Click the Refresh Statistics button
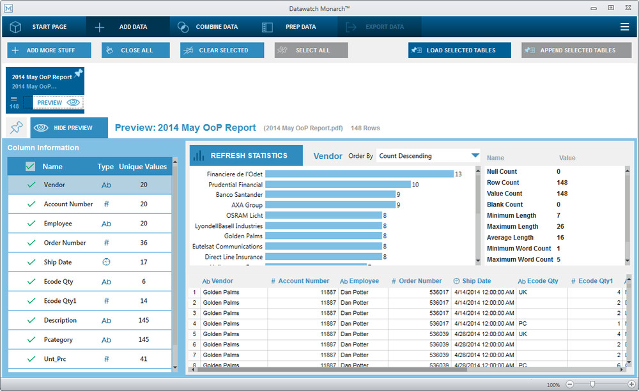pos(238,155)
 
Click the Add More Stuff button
pos(49,50)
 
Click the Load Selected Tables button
pos(459,50)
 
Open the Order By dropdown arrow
pos(475,156)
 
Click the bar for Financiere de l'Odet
pos(358,174)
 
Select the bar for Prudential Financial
pos(337,185)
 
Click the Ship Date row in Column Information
pos(89,263)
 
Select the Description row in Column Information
pos(89,320)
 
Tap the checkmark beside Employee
pos(31,224)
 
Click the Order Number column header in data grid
pos(416,281)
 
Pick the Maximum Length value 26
pos(560,226)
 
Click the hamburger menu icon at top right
pos(624,27)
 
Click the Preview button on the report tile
pos(58,102)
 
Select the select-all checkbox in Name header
pos(30,167)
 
